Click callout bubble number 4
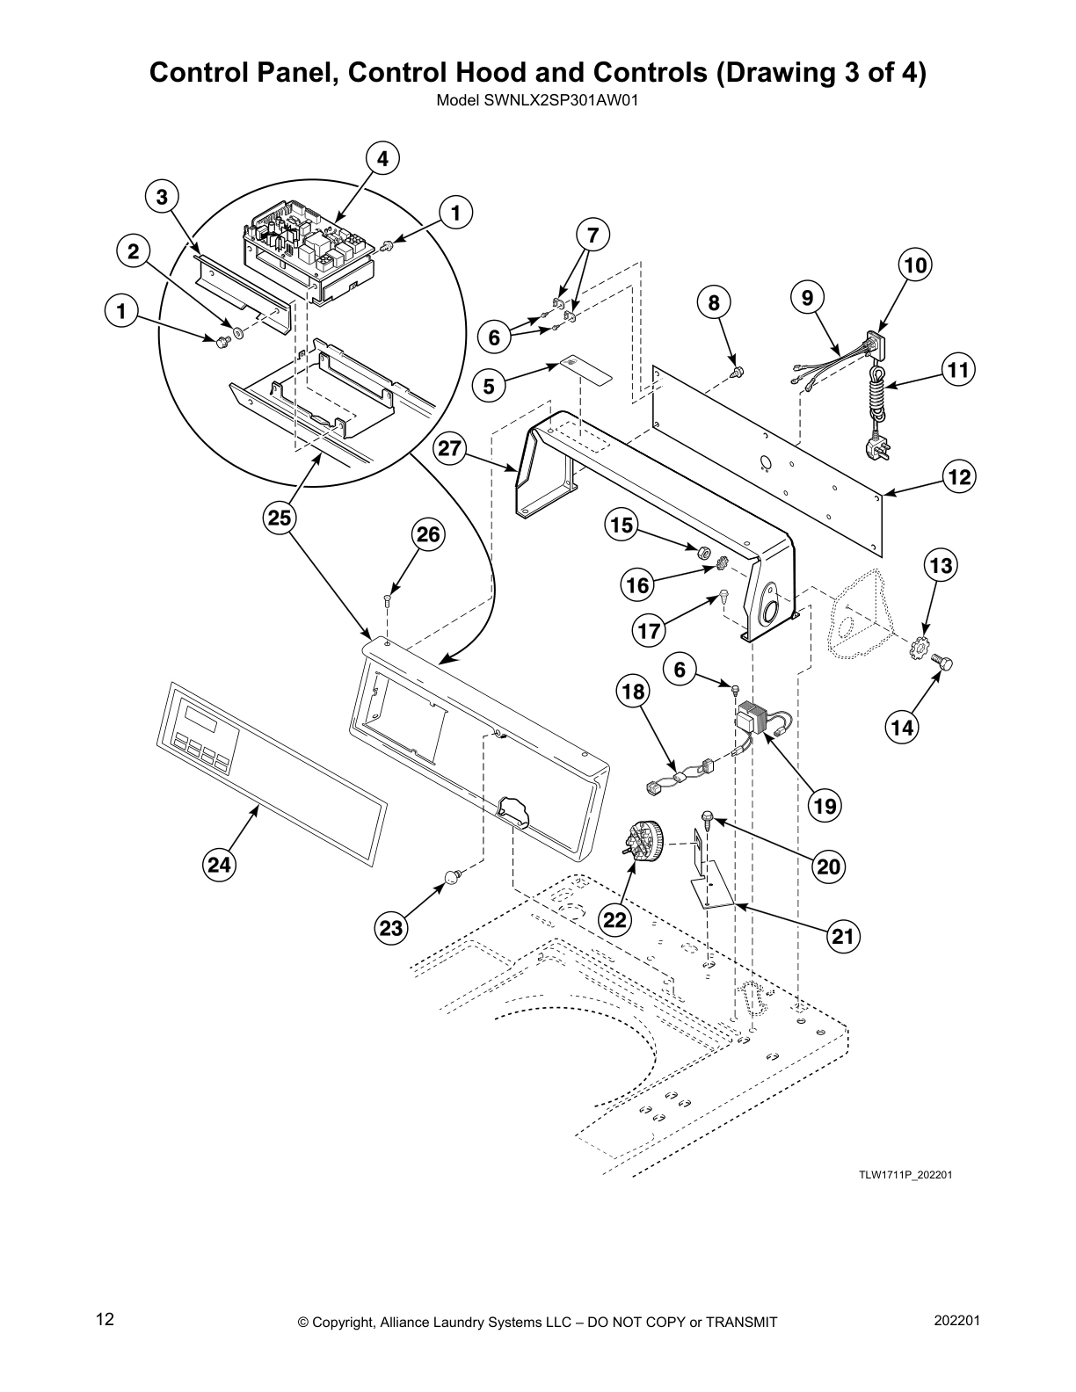(x=382, y=159)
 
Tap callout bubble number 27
(x=449, y=449)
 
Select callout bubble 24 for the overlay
(x=218, y=866)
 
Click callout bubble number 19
(x=825, y=805)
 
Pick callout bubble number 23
(x=390, y=928)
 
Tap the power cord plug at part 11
(x=881, y=448)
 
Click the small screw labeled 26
(x=388, y=601)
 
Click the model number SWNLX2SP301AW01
(x=536, y=99)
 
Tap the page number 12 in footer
(x=105, y=1319)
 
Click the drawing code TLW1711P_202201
(x=905, y=1176)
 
